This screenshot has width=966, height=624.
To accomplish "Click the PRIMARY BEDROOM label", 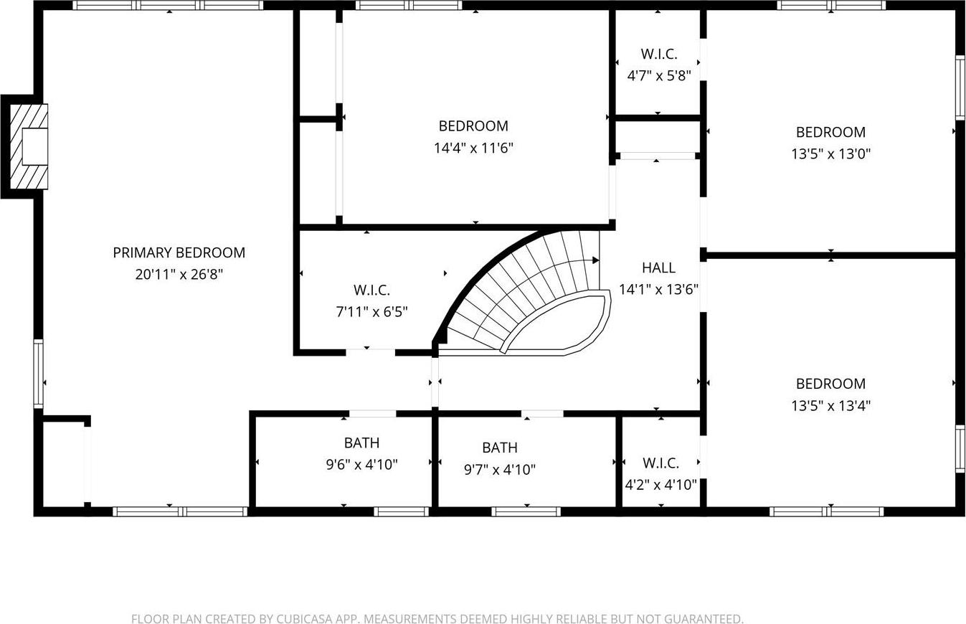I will [179, 252].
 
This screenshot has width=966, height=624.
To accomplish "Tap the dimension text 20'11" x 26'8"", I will [179, 274].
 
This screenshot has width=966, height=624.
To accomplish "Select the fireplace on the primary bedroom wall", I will [29, 146].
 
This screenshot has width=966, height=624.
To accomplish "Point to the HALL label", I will [658, 268].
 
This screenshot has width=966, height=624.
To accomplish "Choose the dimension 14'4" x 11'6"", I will [473, 148].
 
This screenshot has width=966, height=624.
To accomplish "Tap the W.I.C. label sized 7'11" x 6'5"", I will [371, 290].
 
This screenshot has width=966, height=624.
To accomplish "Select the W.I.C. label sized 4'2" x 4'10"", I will [660, 463].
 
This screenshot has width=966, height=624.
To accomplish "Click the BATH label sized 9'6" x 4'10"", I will [361, 443].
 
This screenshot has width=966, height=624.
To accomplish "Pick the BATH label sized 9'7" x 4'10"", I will [499, 448].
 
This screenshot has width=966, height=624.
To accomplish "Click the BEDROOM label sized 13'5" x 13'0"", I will [830, 132].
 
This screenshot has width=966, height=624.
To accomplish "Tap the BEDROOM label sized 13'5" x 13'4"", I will [830, 384].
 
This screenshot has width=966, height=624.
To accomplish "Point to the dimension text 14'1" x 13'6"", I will [658, 289].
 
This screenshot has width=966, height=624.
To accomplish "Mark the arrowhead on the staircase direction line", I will [595, 260].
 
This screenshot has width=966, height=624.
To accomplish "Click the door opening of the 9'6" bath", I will [372, 414].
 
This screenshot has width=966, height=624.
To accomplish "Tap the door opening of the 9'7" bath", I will [542, 414].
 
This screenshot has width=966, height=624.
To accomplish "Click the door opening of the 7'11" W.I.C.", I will [370, 352].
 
